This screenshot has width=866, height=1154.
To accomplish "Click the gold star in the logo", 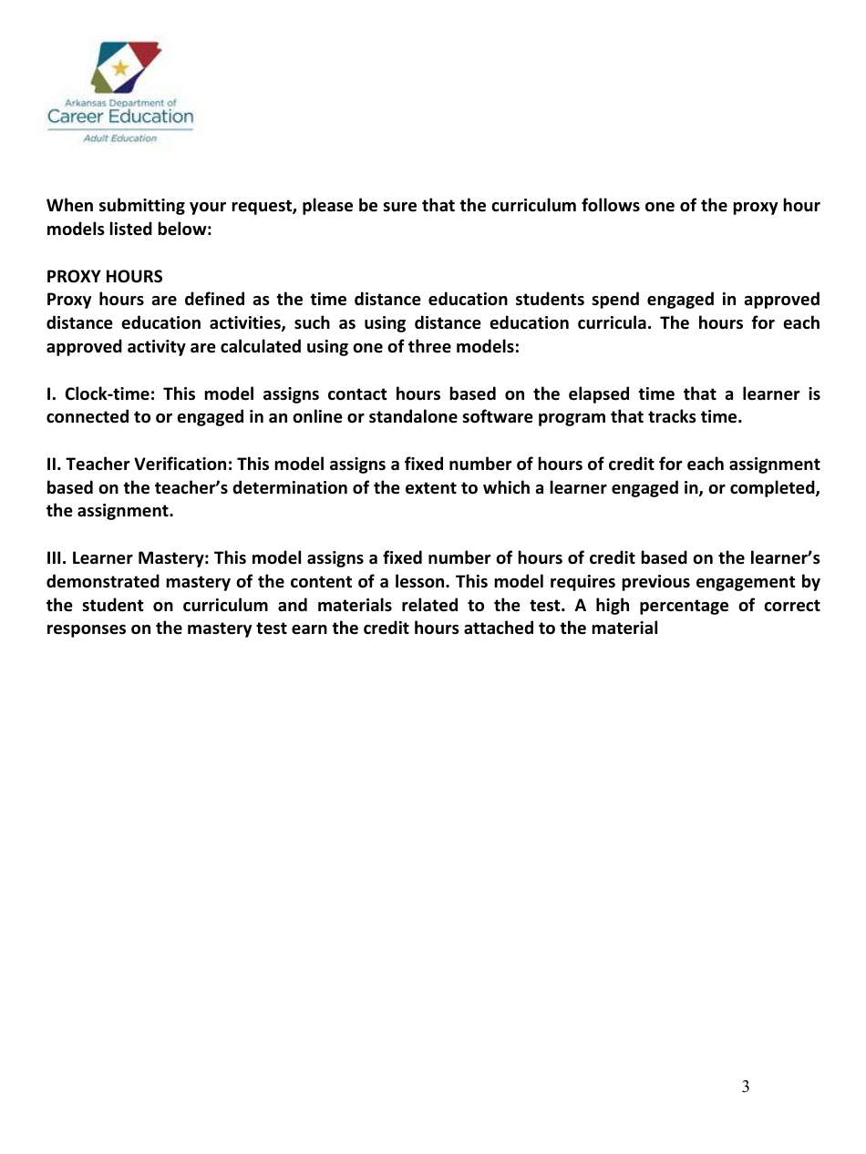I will tap(119, 68).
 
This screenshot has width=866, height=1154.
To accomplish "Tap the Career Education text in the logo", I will tap(120, 117).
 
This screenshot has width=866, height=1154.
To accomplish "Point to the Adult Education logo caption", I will tap(120, 138).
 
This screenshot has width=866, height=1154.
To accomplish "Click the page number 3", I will tap(745, 1086).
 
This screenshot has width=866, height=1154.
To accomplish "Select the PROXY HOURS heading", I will tap(105, 276).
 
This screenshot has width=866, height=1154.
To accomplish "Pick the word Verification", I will tap(189, 465).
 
